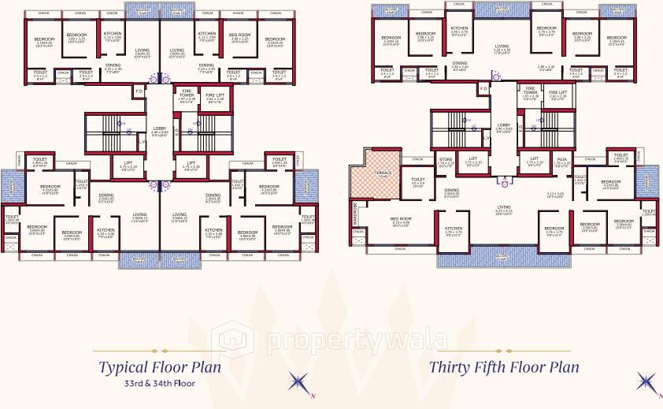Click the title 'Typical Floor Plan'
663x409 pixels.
(159, 366)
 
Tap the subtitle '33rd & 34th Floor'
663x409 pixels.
(159, 385)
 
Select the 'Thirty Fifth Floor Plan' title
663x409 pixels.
(504, 366)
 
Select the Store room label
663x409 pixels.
(445, 160)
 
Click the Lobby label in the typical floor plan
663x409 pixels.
(160, 128)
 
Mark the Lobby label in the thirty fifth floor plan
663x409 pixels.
(504, 125)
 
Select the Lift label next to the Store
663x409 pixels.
(472, 158)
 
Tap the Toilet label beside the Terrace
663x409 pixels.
(417, 180)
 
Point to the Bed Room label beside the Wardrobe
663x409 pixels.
(401, 218)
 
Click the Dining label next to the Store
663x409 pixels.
(451, 190)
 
